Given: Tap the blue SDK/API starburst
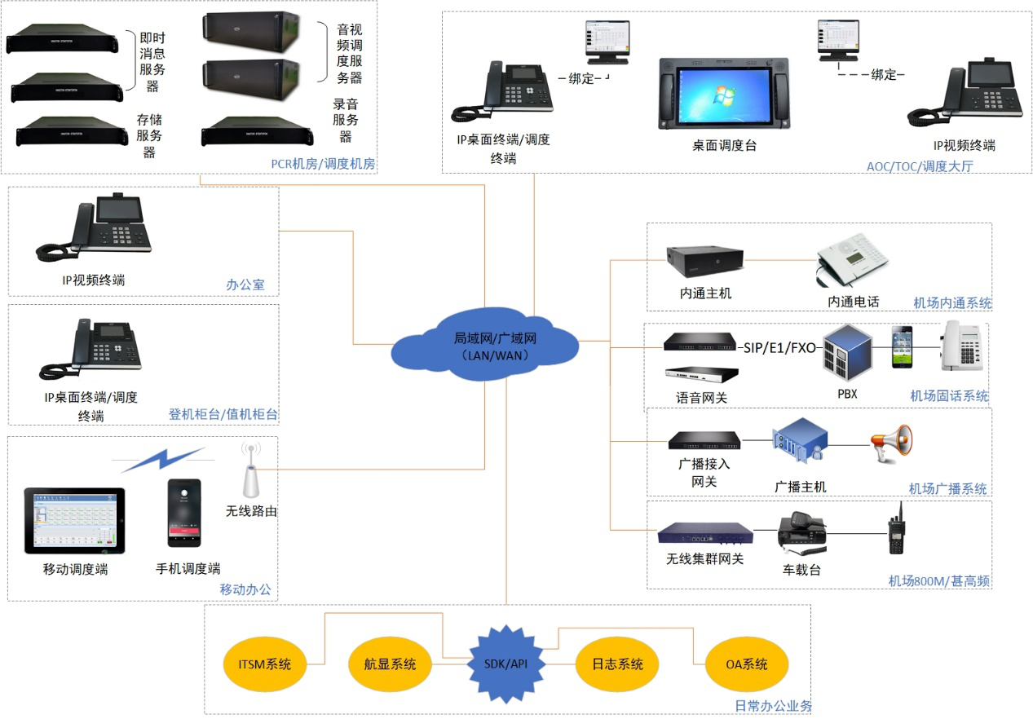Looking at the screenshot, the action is (505, 664).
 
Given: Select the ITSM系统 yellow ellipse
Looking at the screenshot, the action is (265, 664).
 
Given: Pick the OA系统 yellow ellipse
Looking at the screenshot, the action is (747, 664).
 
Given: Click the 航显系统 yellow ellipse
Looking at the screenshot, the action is (390, 664).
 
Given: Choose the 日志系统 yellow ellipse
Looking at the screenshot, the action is (617, 664).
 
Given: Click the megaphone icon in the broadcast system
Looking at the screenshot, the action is (891, 443).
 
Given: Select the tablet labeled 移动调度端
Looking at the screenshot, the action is (75, 520).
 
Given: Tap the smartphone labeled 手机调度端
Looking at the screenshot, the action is (184, 513).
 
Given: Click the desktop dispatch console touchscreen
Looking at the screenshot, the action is (724, 94).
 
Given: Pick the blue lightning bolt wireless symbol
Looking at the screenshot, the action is (163, 459).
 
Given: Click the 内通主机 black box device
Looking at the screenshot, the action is (704, 261).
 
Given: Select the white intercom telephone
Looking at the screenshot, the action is (853, 259).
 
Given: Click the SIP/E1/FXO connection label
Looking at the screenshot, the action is (779, 348).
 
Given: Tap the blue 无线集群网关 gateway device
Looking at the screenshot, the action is (705, 533).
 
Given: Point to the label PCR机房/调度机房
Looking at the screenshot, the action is (323, 164).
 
